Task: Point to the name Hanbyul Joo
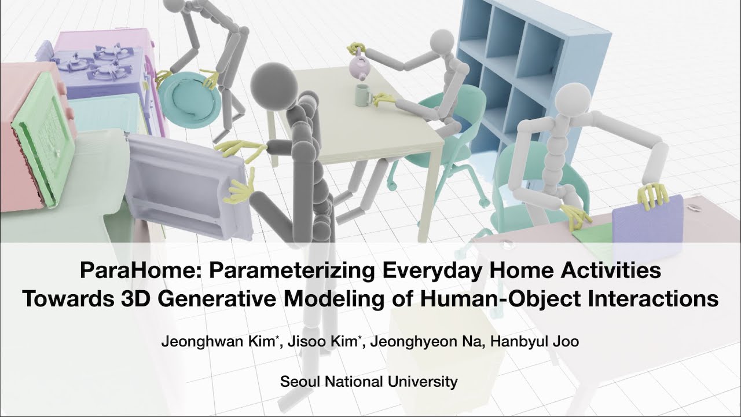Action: point(534,342)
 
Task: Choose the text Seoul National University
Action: point(369,382)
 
